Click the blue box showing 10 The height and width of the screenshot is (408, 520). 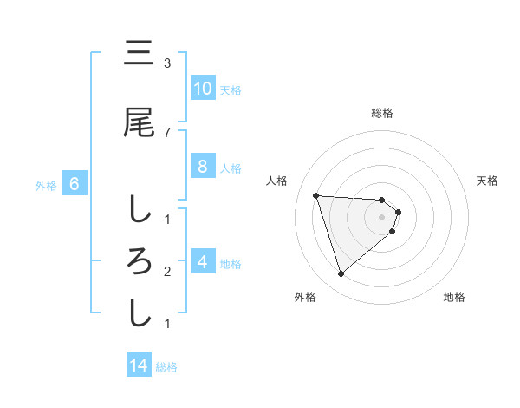click(x=202, y=88)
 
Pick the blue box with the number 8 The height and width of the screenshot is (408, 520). click(x=202, y=167)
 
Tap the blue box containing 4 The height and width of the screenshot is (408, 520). click(x=202, y=261)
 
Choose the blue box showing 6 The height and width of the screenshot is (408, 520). click(x=75, y=184)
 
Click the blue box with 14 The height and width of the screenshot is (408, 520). click(x=139, y=365)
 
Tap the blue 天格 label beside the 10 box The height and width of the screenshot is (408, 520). click(x=231, y=89)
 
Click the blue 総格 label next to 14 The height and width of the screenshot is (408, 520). click(x=166, y=367)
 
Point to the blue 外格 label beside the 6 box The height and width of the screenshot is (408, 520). click(x=46, y=185)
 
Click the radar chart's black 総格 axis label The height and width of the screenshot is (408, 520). click(x=382, y=113)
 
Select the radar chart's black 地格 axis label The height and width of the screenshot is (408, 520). click(x=454, y=297)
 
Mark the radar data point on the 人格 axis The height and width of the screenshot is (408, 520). click(x=316, y=195)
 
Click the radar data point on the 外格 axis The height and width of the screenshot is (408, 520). click(x=341, y=274)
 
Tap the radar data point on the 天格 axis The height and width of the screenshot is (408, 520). click(x=398, y=212)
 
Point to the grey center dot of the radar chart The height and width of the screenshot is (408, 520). click(x=382, y=217)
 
